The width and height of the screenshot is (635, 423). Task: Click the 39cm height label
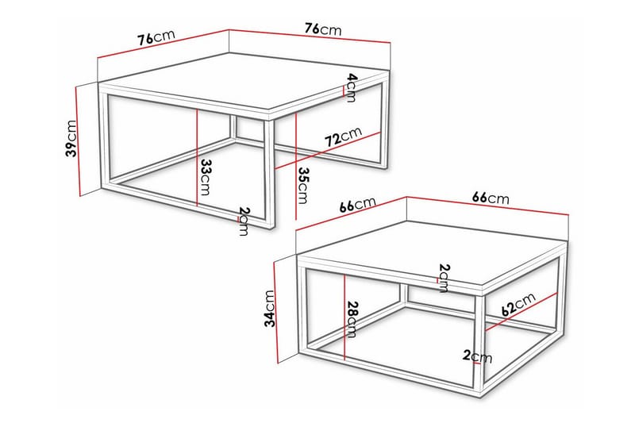click(71, 138)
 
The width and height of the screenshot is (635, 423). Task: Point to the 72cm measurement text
click(343, 137)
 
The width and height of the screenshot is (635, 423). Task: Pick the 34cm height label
click(270, 309)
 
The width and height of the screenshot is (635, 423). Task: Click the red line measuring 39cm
click(80, 139)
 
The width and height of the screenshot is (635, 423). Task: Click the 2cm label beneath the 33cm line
click(243, 221)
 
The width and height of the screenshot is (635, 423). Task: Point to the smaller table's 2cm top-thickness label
click(444, 277)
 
